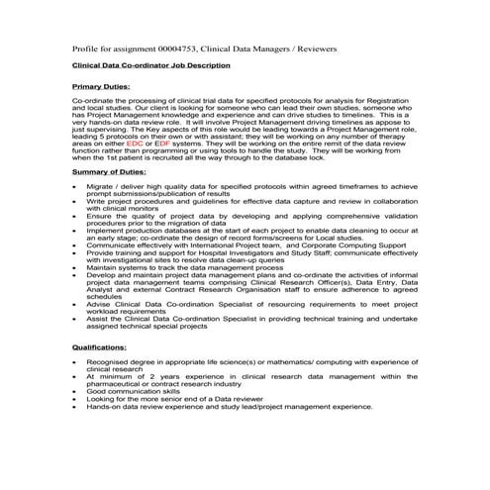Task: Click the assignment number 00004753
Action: click(x=177, y=48)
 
